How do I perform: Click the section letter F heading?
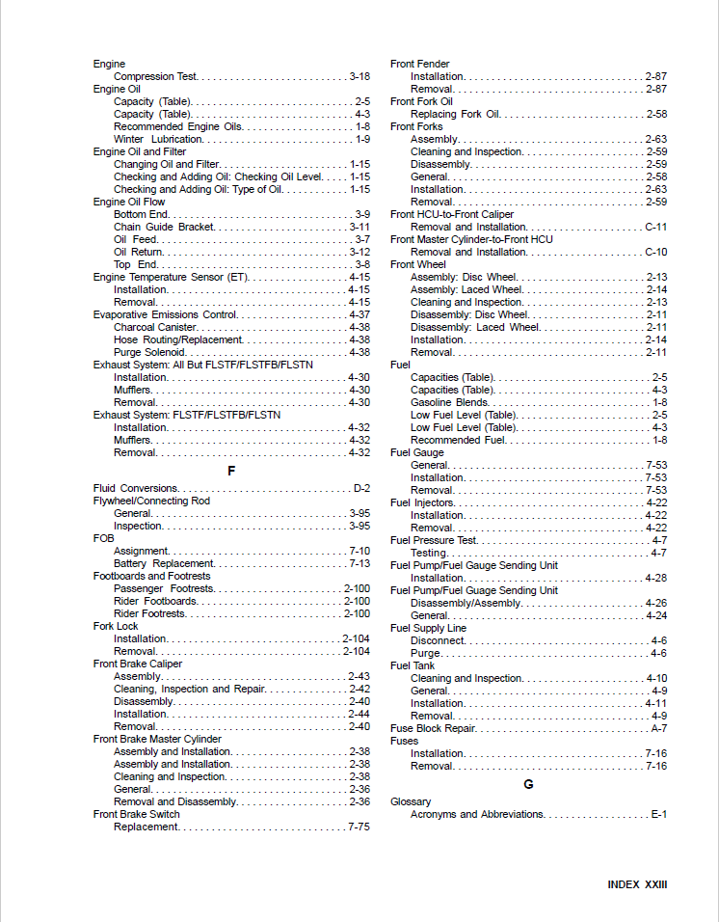(231, 471)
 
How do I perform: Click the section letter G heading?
(528, 784)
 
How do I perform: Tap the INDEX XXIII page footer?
(637, 884)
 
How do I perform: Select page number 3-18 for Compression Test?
(359, 76)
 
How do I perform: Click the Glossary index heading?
(411, 801)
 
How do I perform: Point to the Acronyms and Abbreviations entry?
(477, 814)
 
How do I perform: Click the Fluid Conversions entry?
(135, 488)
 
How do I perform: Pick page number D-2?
(361, 488)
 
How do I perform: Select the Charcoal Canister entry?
(155, 327)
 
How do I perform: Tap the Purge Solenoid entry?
(150, 352)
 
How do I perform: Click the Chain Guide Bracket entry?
(164, 227)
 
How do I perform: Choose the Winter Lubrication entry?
(158, 139)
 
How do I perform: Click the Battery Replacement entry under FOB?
(163, 563)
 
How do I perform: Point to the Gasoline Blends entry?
(449, 402)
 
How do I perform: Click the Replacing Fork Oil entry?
(455, 114)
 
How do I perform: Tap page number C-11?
(655, 227)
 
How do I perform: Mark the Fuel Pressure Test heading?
(433, 540)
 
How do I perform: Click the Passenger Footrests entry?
(164, 588)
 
